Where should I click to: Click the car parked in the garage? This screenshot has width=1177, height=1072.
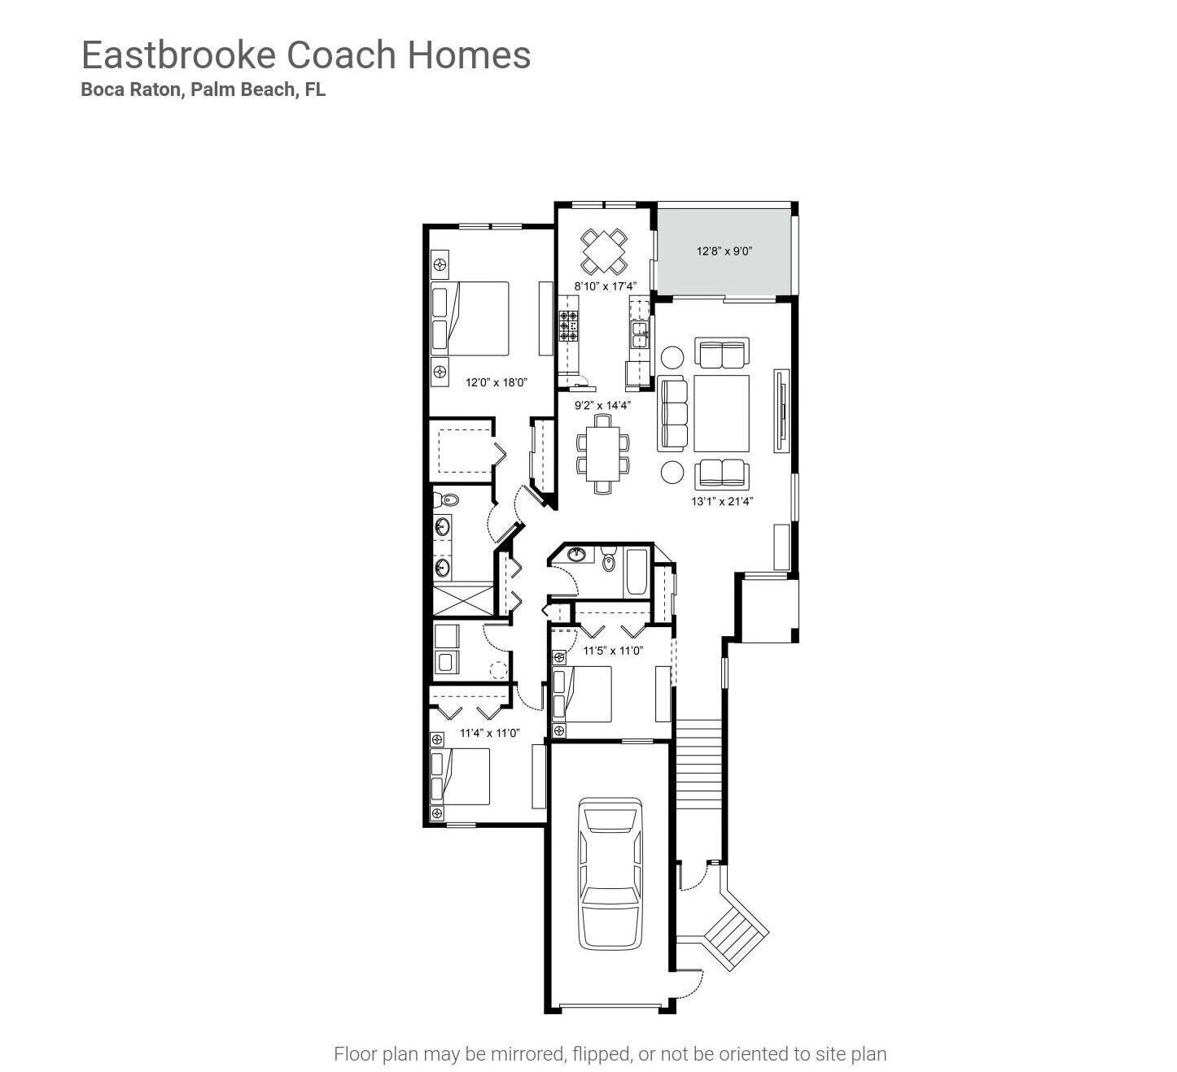pos(610,873)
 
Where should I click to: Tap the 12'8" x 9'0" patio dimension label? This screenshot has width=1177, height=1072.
pos(724,251)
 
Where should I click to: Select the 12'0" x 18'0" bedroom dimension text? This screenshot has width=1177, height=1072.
pos(497,381)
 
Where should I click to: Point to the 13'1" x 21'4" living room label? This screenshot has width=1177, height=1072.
pos(722,501)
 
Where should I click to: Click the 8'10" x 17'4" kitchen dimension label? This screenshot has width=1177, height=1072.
pos(605,286)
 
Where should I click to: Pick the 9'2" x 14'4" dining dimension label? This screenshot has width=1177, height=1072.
pos(602,404)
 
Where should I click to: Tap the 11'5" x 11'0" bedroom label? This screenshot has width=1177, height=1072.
pos(613,651)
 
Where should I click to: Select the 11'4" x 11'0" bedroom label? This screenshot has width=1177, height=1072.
pos(489,733)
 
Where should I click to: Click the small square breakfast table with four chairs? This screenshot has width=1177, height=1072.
pos(604,251)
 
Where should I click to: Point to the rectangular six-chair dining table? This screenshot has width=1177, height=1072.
pos(602,453)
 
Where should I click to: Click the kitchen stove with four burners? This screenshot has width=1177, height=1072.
pos(568,325)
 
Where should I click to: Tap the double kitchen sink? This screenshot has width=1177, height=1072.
pos(640,334)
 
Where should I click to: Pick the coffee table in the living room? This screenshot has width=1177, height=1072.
pos(721,413)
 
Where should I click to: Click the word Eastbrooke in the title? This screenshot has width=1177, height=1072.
pos(179,55)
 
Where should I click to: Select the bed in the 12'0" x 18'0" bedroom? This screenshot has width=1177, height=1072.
pos(470,318)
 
